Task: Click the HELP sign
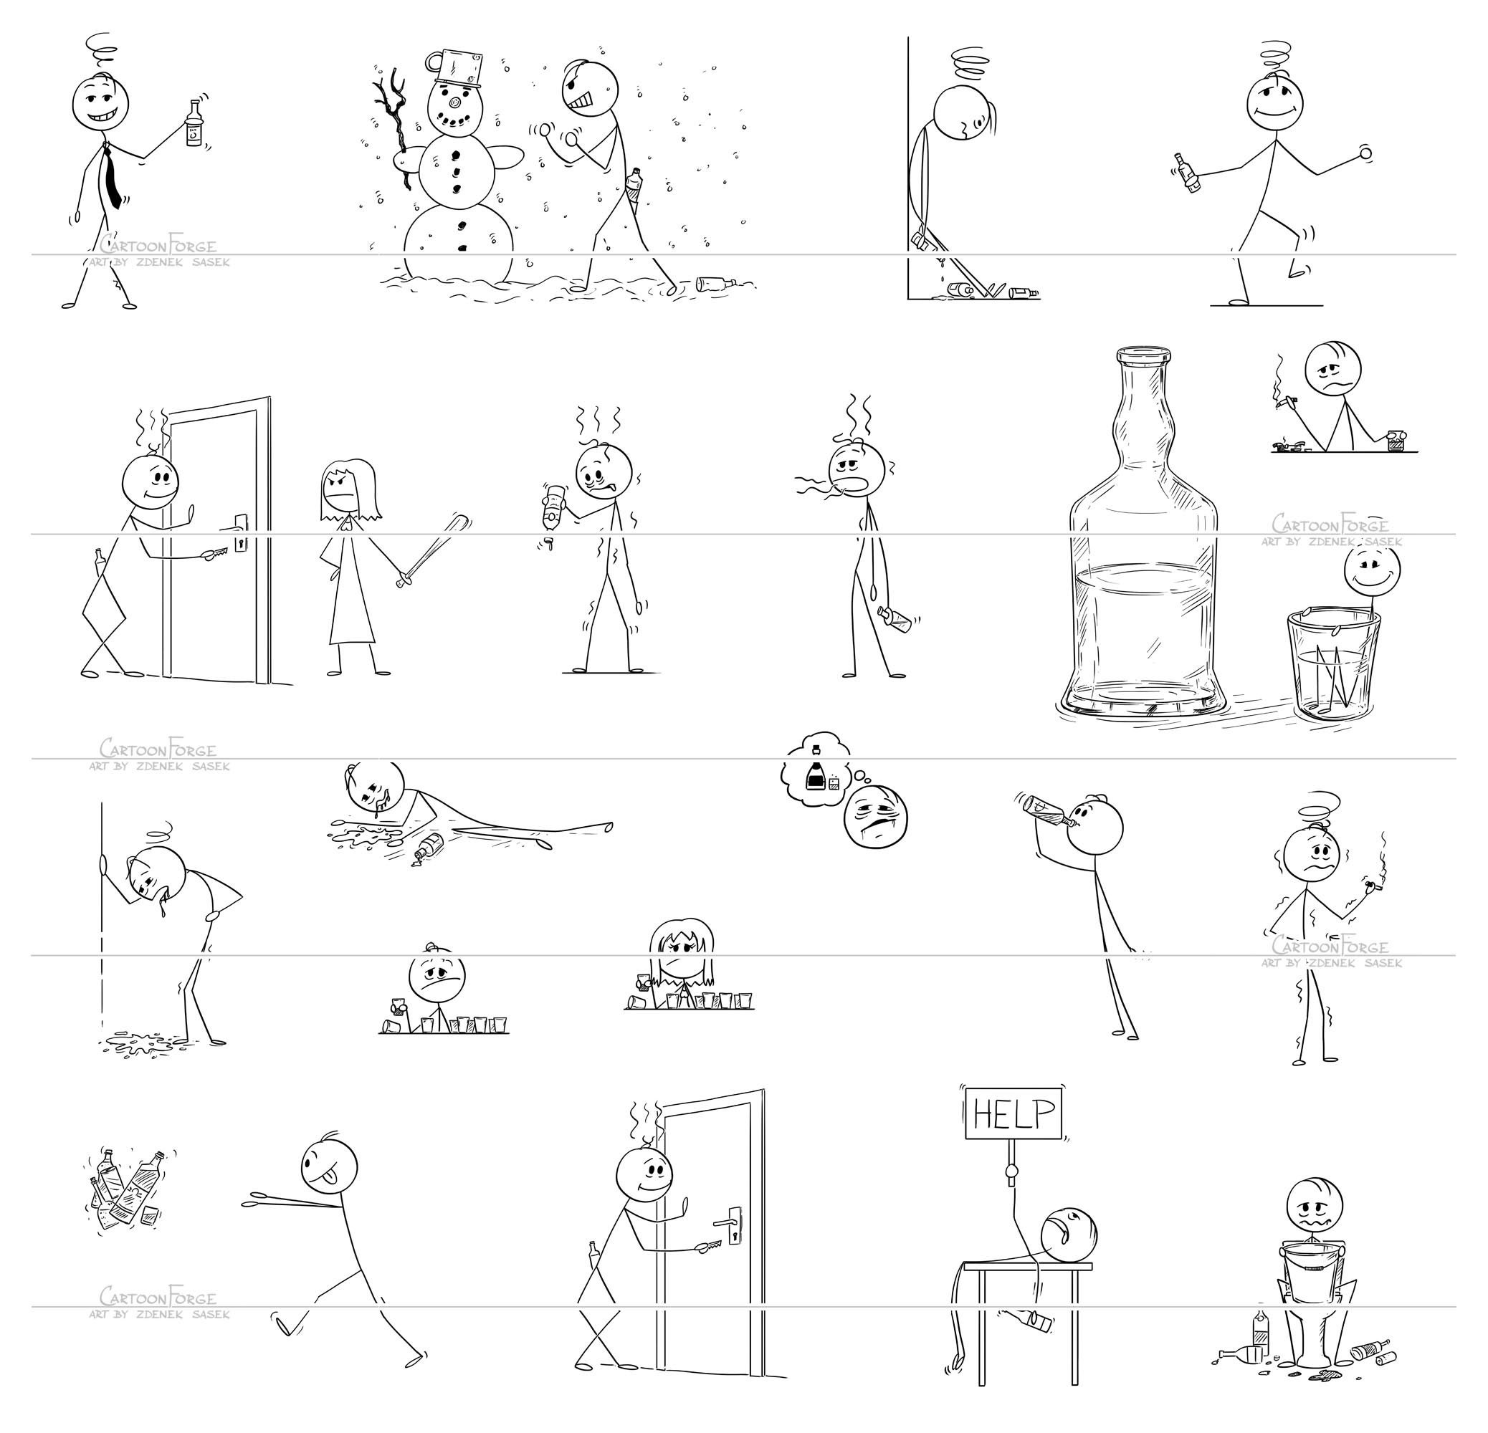pyautogui.click(x=1013, y=1114)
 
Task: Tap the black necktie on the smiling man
pyautogui.click(x=112, y=178)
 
